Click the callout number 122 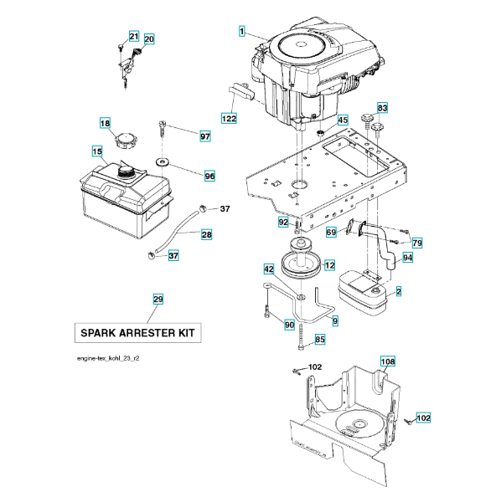pyautogui.click(x=229, y=119)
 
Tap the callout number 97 pyautogui.click(x=205, y=136)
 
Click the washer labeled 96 pyautogui.click(x=163, y=162)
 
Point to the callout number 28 pyautogui.click(x=207, y=234)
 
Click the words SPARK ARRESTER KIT pyautogui.click(x=138, y=333)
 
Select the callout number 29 pyautogui.click(x=158, y=300)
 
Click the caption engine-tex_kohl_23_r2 pyautogui.click(x=108, y=358)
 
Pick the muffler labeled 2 pyautogui.click(x=362, y=293)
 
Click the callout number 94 pyautogui.click(x=407, y=258)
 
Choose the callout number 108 pyautogui.click(x=388, y=361)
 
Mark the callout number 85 pyautogui.click(x=320, y=340)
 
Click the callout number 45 pyautogui.click(x=343, y=120)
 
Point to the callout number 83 pyautogui.click(x=382, y=108)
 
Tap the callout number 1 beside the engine pyautogui.click(x=242, y=32)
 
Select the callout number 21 pyautogui.click(x=134, y=36)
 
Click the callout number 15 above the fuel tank pyautogui.click(x=97, y=151)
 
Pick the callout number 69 pyautogui.click(x=331, y=232)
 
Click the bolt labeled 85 pyautogui.click(x=301, y=337)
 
